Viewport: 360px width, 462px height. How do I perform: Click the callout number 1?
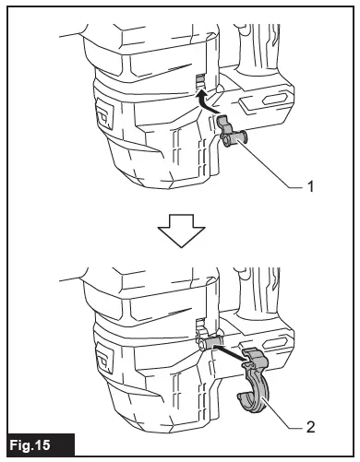coord(312,185)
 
